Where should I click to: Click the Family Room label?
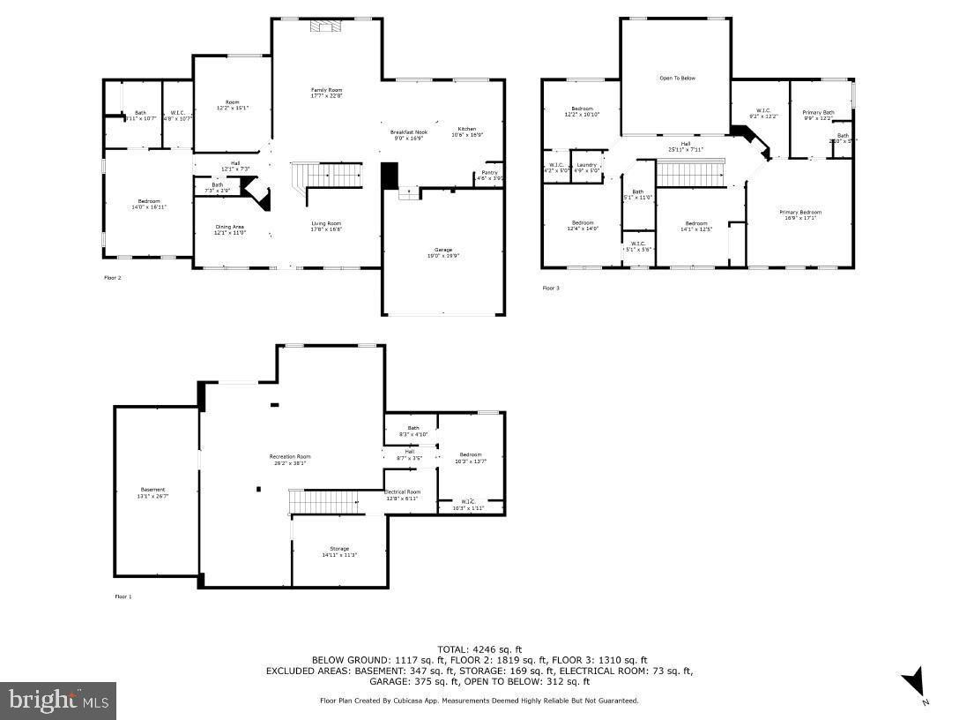point(326,91)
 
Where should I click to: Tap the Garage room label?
point(442,251)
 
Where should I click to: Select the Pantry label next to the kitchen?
point(489,173)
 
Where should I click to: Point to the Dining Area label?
point(229,228)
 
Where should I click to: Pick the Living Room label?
point(326,224)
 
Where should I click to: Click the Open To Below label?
point(677,78)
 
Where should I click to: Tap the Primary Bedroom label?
point(800,213)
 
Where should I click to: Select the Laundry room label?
point(587,164)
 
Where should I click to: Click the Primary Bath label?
point(818,113)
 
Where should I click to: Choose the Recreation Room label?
point(290,457)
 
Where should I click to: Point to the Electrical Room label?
point(403,492)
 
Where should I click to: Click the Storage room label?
point(339,549)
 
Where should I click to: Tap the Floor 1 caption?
point(123,597)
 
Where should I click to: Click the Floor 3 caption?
point(550,288)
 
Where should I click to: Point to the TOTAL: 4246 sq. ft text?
point(479,649)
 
